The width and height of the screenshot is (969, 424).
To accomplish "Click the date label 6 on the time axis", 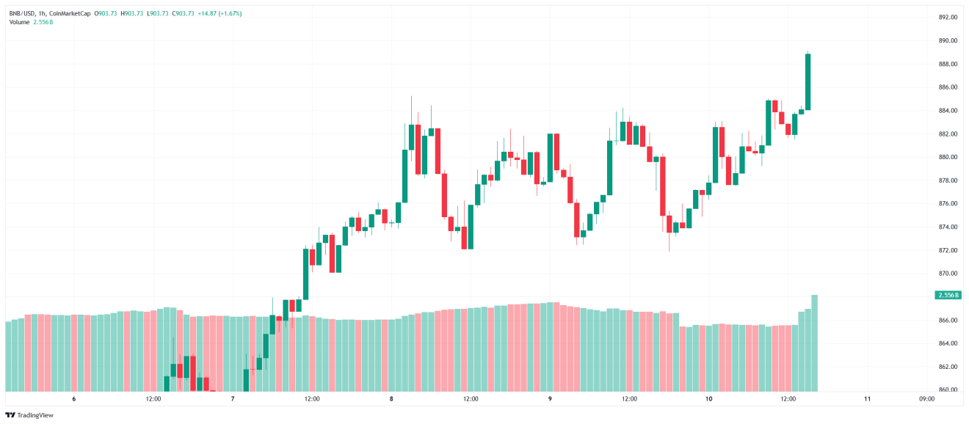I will point(74,399).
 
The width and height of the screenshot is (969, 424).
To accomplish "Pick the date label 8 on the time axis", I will point(391,399).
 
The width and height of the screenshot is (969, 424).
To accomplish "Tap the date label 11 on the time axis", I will point(867,399).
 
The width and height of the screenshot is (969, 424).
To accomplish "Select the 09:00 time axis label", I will point(926,399).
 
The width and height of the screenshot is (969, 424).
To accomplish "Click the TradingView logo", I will point(30,415).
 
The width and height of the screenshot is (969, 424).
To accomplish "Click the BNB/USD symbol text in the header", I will point(23,13).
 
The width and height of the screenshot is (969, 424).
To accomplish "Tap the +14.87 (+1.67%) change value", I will point(220,13).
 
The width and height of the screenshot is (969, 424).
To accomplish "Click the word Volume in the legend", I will point(20,22).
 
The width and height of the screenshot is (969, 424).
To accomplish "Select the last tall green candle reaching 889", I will point(807,81).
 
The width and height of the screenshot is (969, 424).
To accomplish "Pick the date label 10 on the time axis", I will point(708,399).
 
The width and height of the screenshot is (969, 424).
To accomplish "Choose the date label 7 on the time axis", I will point(233,399).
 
